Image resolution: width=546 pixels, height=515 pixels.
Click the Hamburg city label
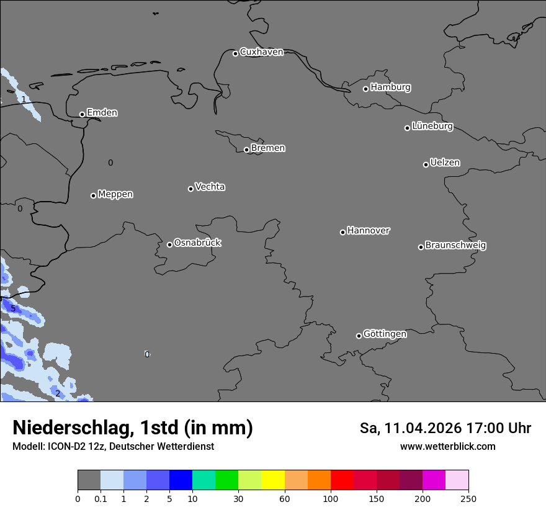pos(390,87)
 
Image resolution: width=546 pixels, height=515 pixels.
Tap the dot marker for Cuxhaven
pos(235,53)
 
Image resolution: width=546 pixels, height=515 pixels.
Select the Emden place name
pos(102,113)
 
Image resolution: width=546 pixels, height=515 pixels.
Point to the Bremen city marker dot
pos(246,150)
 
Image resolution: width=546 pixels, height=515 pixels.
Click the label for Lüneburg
pos(432,127)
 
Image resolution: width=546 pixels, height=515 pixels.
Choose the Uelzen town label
pos(445,163)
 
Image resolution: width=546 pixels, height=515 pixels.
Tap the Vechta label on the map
pos(210,187)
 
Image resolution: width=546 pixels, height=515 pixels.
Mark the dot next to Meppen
pos(93,195)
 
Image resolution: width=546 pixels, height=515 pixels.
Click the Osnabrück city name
pos(197,243)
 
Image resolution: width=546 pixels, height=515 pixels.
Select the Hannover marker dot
pos(342,232)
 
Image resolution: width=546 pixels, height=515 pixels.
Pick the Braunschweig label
pos(455,246)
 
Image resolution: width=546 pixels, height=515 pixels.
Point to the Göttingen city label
pos(385,334)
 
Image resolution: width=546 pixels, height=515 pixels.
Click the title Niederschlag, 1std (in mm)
pos(133,428)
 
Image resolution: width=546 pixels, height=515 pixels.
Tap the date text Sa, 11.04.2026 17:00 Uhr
pos(445,428)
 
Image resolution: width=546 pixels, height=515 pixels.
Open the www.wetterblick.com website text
pos(447,447)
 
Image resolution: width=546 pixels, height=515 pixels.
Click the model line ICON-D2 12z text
pos(113,447)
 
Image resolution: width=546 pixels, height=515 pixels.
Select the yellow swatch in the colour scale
pos(273,480)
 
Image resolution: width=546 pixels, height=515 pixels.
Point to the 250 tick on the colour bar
pos(468,498)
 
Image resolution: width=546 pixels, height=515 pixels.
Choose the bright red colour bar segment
pos(342,480)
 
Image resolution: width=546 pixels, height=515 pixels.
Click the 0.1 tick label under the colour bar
pos(101,498)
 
